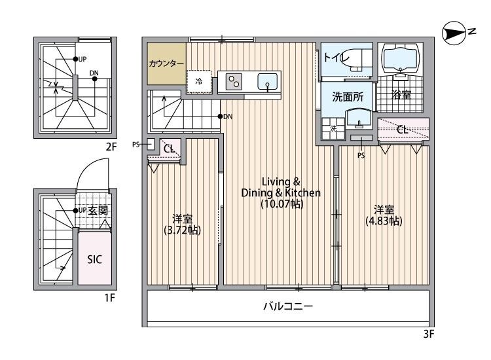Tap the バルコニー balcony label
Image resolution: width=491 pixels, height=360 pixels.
pyautogui.click(x=288, y=306)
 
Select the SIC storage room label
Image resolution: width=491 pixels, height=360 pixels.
pyautogui.click(x=95, y=258)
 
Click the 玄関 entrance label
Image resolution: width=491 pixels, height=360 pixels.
pyautogui.click(x=98, y=210)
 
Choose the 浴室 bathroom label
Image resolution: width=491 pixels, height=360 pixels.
pyautogui.click(x=401, y=95)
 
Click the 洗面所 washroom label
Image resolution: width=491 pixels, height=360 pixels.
pyautogui.click(x=347, y=97)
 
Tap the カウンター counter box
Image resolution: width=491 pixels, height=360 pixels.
pyautogui.click(x=166, y=63)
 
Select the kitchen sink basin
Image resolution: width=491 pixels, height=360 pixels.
pyautogui.click(x=268, y=81)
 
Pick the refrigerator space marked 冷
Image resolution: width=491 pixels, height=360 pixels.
pyautogui.click(x=198, y=82)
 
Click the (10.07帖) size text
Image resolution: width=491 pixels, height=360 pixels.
pyautogui.click(x=281, y=204)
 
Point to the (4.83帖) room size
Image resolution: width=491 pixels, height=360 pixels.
pyautogui.click(x=384, y=221)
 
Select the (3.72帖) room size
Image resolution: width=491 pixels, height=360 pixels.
pyautogui.click(x=182, y=230)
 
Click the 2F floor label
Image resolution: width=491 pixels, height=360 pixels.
pyautogui.click(x=111, y=147)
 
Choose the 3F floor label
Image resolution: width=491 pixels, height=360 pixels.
pyautogui.click(x=429, y=334)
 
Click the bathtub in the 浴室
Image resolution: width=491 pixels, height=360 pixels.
pyautogui.click(x=401, y=60)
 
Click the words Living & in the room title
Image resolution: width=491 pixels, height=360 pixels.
pyautogui.click(x=281, y=181)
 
